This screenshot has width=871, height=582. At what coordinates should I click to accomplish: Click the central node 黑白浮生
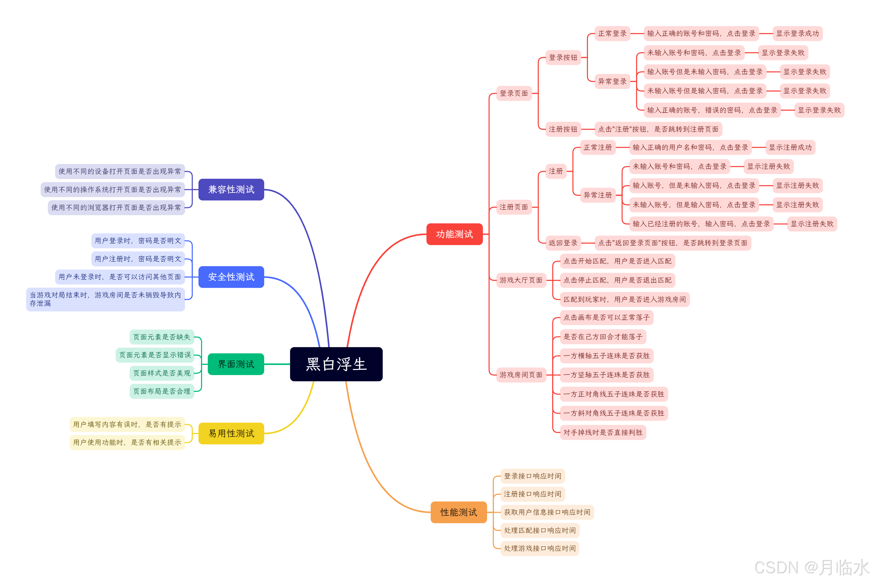pos(336,364)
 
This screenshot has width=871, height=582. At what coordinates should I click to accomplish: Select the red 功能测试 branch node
pos(454,234)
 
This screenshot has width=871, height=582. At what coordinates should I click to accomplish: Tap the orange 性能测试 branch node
pos(458,512)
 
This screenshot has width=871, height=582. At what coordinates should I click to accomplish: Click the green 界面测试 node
pos(236,364)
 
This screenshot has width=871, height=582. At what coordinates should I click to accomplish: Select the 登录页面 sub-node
pos(513,93)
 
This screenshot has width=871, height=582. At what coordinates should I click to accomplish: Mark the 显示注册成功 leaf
pos(790,147)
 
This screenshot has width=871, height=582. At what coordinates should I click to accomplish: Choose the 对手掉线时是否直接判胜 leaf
pos(603,432)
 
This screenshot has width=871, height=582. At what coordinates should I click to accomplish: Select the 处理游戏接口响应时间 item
pos(539,548)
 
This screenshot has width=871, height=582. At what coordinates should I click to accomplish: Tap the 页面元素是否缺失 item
pos(162,337)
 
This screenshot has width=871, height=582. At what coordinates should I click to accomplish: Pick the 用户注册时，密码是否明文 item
pos(138,259)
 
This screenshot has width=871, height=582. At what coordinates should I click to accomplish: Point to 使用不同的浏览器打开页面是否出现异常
pos(116,208)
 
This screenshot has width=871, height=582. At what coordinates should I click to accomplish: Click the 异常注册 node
pos(597,195)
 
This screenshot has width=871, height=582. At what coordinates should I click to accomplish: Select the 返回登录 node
pos(563,243)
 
